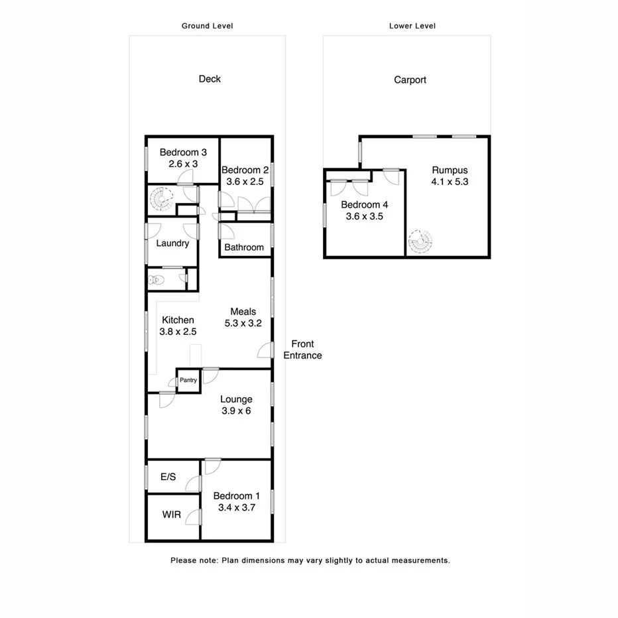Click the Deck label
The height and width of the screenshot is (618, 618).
click(x=210, y=79)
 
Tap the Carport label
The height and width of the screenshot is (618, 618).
click(x=410, y=80)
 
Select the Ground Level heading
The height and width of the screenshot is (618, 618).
click(x=208, y=26)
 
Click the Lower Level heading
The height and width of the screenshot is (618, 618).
click(x=412, y=26)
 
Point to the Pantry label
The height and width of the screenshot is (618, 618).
click(x=188, y=381)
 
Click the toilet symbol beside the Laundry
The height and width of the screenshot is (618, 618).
click(x=154, y=280)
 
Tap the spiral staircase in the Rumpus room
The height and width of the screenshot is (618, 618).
click(x=419, y=242)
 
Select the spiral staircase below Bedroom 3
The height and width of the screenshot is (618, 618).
click(x=160, y=198)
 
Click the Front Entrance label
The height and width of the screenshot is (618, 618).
click(x=302, y=349)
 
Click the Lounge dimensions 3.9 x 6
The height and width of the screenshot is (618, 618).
click(x=236, y=410)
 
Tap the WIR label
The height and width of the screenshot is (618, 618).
click(x=171, y=515)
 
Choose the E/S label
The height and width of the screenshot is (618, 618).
click(x=168, y=477)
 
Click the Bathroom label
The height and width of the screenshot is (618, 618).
click(x=244, y=247)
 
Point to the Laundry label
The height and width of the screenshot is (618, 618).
click(x=172, y=243)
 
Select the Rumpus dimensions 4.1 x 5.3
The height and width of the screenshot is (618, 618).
click(x=450, y=181)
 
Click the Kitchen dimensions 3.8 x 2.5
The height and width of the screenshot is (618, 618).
click(x=176, y=332)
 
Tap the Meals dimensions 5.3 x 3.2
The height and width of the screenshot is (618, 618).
click(x=243, y=323)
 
